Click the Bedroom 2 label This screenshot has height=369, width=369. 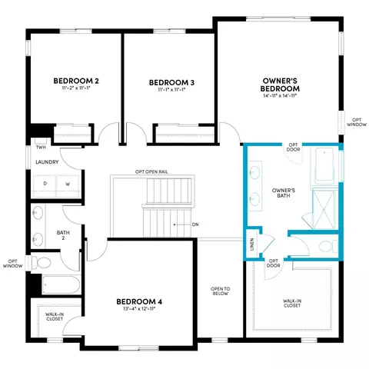pyautogui.click(x=76, y=81)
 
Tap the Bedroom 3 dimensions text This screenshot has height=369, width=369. pyautogui.click(x=171, y=90)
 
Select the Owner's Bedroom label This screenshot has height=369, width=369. pyautogui.click(x=280, y=85)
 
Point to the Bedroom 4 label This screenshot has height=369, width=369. pyautogui.click(x=139, y=301)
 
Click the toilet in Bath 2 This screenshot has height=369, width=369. pyautogui.click(x=41, y=263)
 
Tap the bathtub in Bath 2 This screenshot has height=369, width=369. pyautogui.click(x=61, y=284)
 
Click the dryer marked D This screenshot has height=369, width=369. pyautogui.click(x=45, y=184)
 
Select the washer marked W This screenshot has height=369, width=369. pyautogui.click(x=68, y=184)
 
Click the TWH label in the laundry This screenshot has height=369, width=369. pyautogui.click(x=41, y=148)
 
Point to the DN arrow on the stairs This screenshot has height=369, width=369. pyautogui.click(x=182, y=224)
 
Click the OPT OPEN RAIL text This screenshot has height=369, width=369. pyautogui.click(x=151, y=171)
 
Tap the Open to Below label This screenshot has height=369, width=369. pyautogui.click(x=220, y=291)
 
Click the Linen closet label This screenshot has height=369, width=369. pyautogui.click(x=252, y=244)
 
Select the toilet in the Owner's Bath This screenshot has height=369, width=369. pyautogui.click(x=328, y=246)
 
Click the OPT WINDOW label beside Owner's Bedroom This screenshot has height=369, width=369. pyautogui.click(x=357, y=122)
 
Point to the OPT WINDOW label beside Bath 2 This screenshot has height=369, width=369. pyautogui.click(x=12, y=264)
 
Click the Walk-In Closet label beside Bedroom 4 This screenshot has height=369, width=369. pyautogui.click(x=55, y=317)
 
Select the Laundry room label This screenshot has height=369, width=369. pyautogui.click(x=47, y=162)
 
